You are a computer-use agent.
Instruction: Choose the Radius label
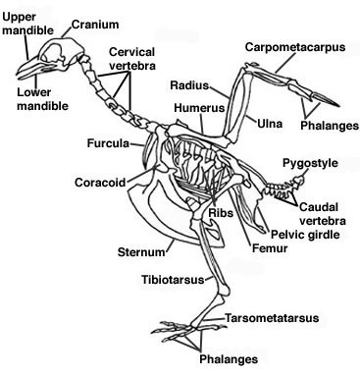pyautogui.click(x=185, y=86)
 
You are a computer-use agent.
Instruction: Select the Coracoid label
pyautogui.click(x=98, y=183)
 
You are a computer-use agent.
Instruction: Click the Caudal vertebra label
pyautogui.click(x=326, y=214)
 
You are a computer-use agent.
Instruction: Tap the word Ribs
pyautogui.click(x=221, y=213)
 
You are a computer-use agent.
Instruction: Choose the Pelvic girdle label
pyautogui.click(x=289, y=236)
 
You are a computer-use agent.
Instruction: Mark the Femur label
pyautogui.click(x=268, y=250)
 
